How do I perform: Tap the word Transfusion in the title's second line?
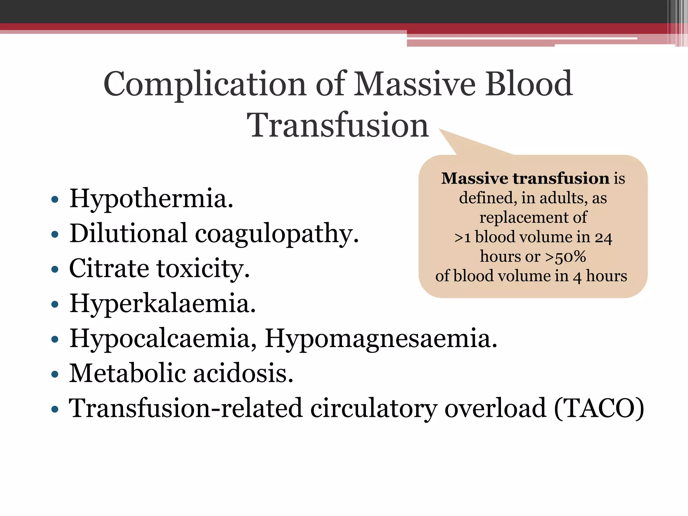(x=338, y=125)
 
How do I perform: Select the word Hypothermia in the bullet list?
(x=151, y=199)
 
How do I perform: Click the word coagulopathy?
(x=277, y=234)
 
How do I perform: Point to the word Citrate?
(x=109, y=269)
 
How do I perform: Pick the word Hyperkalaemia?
(x=163, y=303)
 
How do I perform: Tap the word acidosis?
(x=243, y=373)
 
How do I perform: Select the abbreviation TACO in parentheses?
(x=599, y=408)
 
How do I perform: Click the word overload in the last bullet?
(x=496, y=408)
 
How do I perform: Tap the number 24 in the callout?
(x=603, y=237)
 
